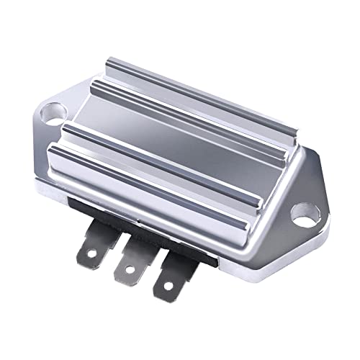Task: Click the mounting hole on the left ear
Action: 53,112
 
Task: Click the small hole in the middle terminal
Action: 127,269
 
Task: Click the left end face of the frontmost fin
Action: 58,161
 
